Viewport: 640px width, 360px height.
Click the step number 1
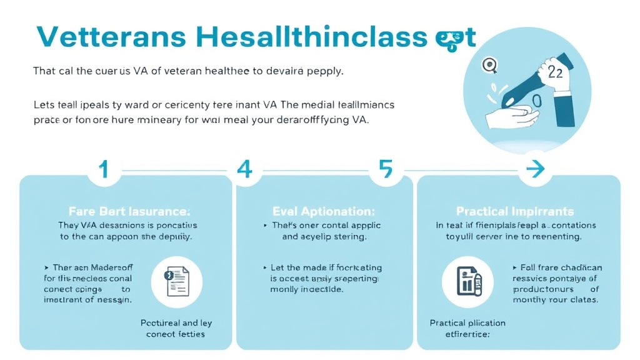104,169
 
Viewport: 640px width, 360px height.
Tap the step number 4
244,169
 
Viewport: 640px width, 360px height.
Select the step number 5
386,169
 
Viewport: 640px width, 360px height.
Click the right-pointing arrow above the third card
534,169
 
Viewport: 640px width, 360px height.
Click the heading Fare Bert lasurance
129,212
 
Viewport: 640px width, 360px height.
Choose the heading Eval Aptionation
324,212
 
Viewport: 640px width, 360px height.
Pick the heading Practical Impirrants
515,212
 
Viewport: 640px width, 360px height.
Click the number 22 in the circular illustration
555,72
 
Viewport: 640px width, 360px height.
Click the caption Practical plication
467,323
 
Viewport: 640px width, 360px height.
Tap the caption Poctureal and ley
176,323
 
